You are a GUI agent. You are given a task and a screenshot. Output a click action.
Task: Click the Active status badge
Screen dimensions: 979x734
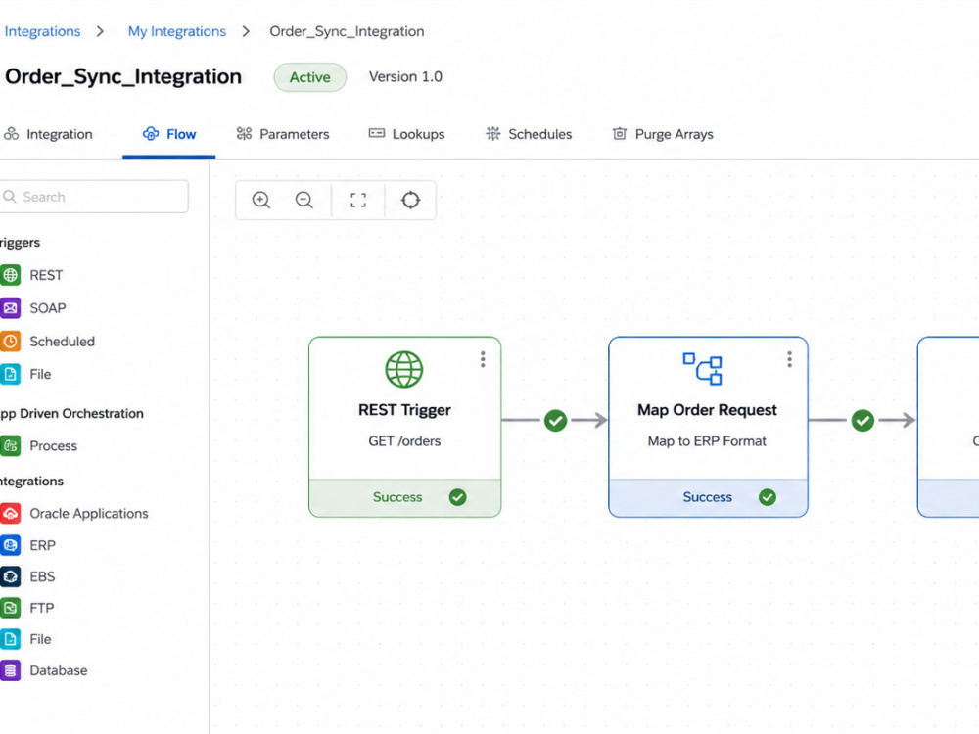tap(309, 77)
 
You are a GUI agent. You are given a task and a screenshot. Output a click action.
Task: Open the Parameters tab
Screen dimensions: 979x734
tap(283, 134)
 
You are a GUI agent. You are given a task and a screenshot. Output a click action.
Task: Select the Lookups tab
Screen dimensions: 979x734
tap(406, 134)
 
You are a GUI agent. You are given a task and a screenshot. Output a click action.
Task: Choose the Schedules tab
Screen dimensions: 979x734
tap(529, 134)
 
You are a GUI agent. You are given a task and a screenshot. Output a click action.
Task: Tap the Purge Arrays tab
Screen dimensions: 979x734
tap(663, 134)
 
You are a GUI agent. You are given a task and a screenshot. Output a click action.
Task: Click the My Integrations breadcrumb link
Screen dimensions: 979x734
tap(176, 31)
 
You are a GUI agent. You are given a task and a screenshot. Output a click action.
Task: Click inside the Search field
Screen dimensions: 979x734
tap(94, 197)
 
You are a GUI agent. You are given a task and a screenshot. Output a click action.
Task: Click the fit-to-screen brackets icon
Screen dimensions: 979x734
tap(358, 201)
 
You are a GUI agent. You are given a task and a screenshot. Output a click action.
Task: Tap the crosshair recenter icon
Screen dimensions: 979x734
tap(411, 201)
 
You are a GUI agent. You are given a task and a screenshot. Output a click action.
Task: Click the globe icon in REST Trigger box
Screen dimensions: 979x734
tap(404, 369)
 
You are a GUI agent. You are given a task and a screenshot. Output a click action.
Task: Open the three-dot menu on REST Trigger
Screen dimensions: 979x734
tap(483, 359)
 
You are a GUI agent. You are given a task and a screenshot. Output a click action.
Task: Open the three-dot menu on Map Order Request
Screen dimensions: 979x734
tap(790, 359)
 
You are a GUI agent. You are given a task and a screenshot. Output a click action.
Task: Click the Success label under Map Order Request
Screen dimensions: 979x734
tap(708, 497)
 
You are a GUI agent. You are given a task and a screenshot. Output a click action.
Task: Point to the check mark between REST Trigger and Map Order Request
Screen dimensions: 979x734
tap(556, 421)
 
